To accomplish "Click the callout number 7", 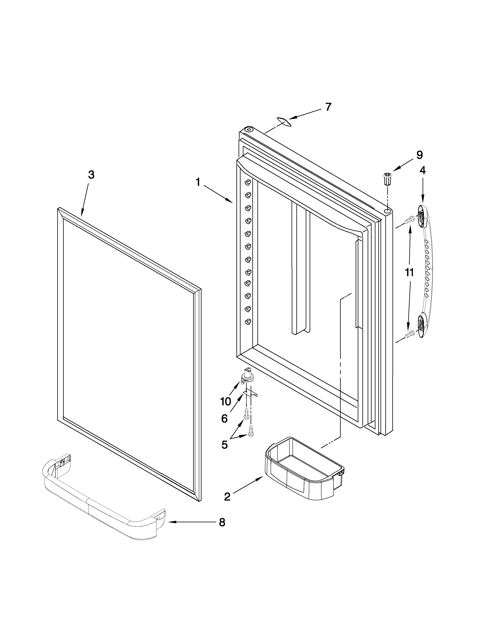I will [328, 107].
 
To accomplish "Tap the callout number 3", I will [91, 175].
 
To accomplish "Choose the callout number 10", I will [226, 401].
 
